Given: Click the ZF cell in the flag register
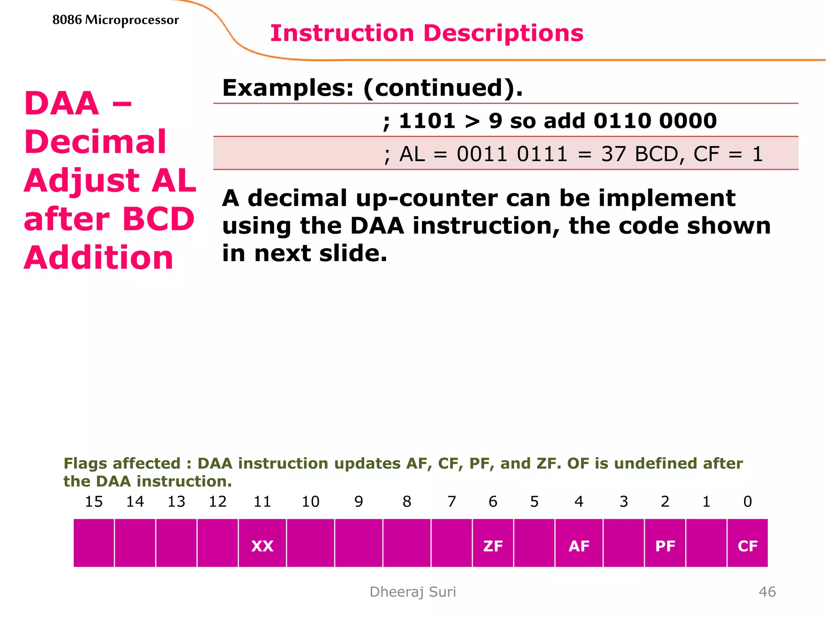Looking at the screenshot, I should (492, 545).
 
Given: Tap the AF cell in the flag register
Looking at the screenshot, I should (579, 545).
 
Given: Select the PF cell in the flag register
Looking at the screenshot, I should (665, 545).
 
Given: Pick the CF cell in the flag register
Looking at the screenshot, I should (747, 545).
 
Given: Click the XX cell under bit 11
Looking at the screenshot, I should (262, 545).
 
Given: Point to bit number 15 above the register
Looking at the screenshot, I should (94, 501).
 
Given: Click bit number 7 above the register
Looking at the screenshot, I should (452, 501).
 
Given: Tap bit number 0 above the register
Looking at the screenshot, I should (747, 501).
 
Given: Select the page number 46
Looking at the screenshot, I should (767, 592).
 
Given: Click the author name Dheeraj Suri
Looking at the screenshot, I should (413, 592).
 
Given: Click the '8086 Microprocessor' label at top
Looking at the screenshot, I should (115, 20).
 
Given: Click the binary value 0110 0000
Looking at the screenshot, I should (655, 121).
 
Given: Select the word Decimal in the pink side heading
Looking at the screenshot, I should (95, 142).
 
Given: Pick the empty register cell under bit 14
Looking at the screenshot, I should (135, 543).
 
